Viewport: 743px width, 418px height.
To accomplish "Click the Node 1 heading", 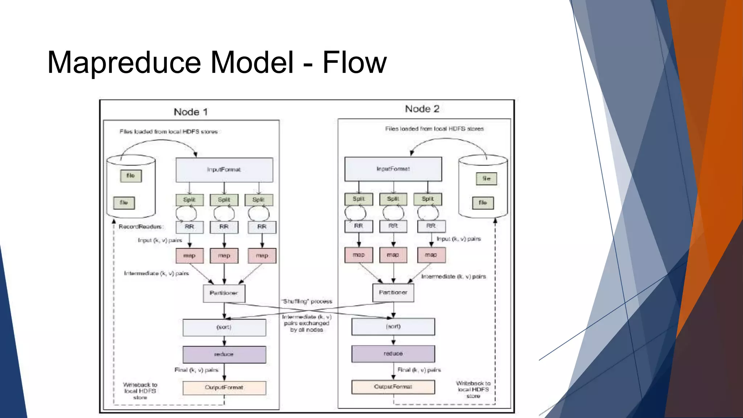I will coord(190,112).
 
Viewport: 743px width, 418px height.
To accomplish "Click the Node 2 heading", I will coord(422,108).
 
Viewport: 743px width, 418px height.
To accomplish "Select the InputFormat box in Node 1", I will coord(224,169).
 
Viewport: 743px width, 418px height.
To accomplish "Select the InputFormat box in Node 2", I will coord(393,169).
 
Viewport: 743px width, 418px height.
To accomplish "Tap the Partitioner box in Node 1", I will coord(224,293).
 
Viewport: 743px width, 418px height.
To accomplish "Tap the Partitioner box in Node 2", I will coord(393,292).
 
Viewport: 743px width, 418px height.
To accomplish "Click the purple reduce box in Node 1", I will coord(224,354).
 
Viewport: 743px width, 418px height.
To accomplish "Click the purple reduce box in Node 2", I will coord(393,353).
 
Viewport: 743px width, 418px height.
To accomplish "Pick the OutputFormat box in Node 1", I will coord(224,388).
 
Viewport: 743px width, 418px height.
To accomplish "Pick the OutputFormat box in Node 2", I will coord(393,387).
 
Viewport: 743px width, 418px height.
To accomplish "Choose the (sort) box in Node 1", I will coord(224,327).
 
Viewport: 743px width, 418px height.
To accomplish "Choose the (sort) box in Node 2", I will coord(393,327).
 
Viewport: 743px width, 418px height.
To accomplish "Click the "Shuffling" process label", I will coord(307,301).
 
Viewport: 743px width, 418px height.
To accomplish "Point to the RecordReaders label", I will coord(141,226).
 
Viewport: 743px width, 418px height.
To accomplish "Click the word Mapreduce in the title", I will coord(123,62).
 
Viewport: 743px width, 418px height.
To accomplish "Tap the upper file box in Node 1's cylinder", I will coord(131,176).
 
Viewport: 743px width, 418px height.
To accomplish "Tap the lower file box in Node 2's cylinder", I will coord(483,203).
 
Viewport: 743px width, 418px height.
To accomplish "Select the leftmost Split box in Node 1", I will coord(189,200).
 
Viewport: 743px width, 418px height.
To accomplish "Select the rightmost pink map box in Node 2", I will coord(431,255).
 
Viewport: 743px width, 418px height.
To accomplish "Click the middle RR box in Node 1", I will coord(224,227).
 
